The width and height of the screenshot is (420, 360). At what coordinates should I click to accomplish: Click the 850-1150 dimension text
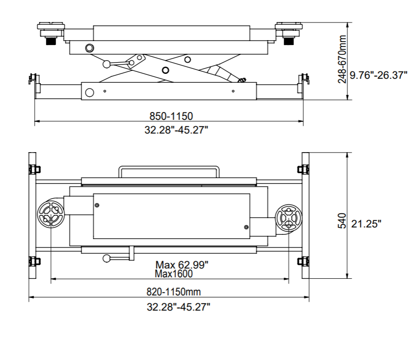[x=171, y=116]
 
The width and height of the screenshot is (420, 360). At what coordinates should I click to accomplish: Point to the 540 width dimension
[x=343, y=221]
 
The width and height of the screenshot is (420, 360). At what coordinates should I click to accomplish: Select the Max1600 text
[x=174, y=274]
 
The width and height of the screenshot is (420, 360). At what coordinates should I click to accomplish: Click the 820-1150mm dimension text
[x=174, y=292]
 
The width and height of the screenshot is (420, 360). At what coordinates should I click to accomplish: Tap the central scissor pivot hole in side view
[x=165, y=70]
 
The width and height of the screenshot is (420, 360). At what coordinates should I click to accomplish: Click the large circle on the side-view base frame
[x=89, y=93]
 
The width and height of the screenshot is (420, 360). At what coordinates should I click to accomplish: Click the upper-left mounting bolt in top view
[x=34, y=169]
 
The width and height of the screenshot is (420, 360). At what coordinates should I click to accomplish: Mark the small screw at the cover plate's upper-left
[x=97, y=205]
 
